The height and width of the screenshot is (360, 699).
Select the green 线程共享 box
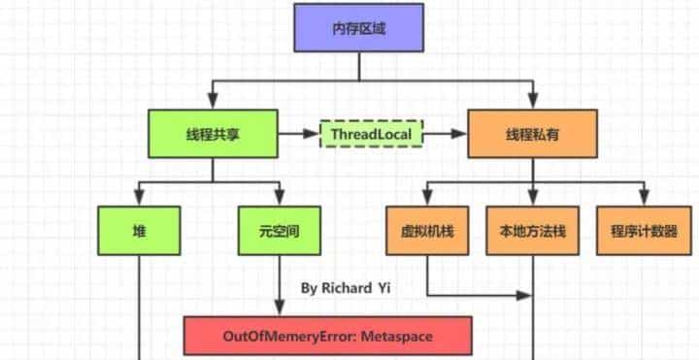[x=213, y=134]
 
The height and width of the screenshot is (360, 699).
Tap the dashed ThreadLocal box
[x=372, y=134]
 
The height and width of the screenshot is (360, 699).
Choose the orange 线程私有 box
[x=532, y=134]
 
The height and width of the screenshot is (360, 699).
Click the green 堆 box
[x=139, y=231]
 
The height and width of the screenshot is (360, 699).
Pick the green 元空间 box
[x=280, y=231]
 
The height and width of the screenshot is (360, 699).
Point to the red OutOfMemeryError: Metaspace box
[x=327, y=335]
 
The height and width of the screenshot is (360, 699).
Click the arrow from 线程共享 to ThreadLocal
[x=299, y=134]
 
